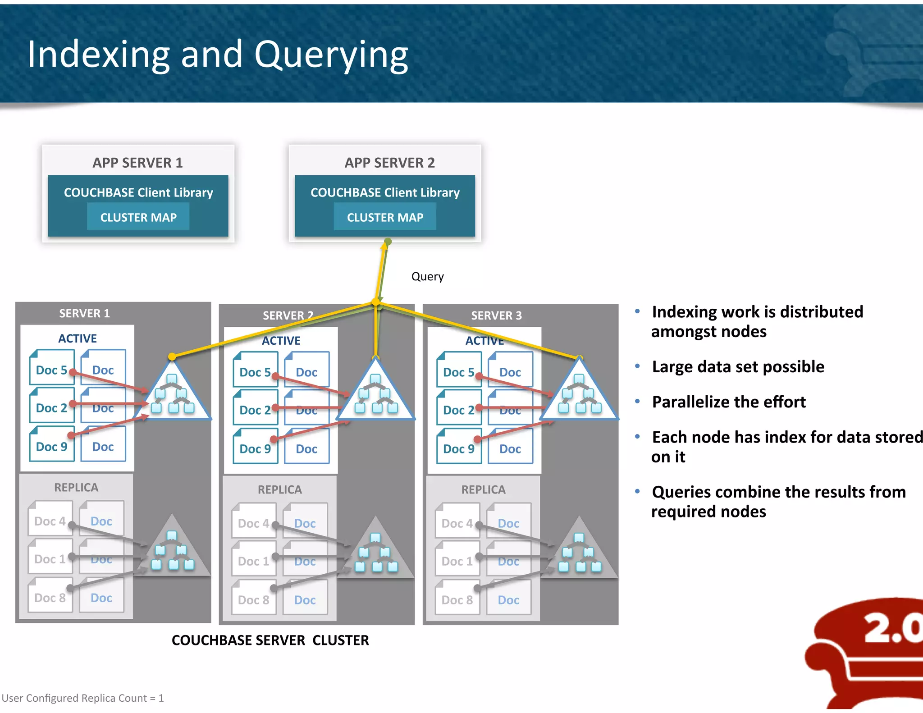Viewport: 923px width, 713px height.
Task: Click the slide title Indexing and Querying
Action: click(x=218, y=55)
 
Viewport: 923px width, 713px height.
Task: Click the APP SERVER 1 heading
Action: click(x=137, y=163)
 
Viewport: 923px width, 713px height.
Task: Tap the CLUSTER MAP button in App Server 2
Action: click(x=385, y=217)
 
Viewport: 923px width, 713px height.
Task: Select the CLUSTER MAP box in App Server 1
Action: click(x=138, y=217)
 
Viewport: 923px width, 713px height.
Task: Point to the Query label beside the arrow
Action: click(x=427, y=276)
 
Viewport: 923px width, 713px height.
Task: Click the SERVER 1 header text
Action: click(x=84, y=313)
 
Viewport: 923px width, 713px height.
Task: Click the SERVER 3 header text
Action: click(x=496, y=315)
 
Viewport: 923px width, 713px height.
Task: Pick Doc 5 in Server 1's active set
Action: click(x=51, y=370)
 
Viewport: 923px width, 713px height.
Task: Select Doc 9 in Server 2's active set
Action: click(x=255, y=449)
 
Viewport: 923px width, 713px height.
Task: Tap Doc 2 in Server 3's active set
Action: click(x=458, y=410)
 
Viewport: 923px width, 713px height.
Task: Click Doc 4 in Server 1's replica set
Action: click(x=50, y=521)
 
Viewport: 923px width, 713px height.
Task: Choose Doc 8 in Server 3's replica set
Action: click(x=457, y=600)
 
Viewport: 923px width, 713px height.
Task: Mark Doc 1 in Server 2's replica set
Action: click(x=253, y=562)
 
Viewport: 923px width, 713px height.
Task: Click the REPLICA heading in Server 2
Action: click(x=279, y=489)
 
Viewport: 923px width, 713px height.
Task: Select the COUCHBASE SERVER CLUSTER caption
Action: click(x=270, y=640)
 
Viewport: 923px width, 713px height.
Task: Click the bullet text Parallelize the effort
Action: click(x=728, y=402)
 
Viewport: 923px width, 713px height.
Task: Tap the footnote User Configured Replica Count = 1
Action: click(x=83, y=698)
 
